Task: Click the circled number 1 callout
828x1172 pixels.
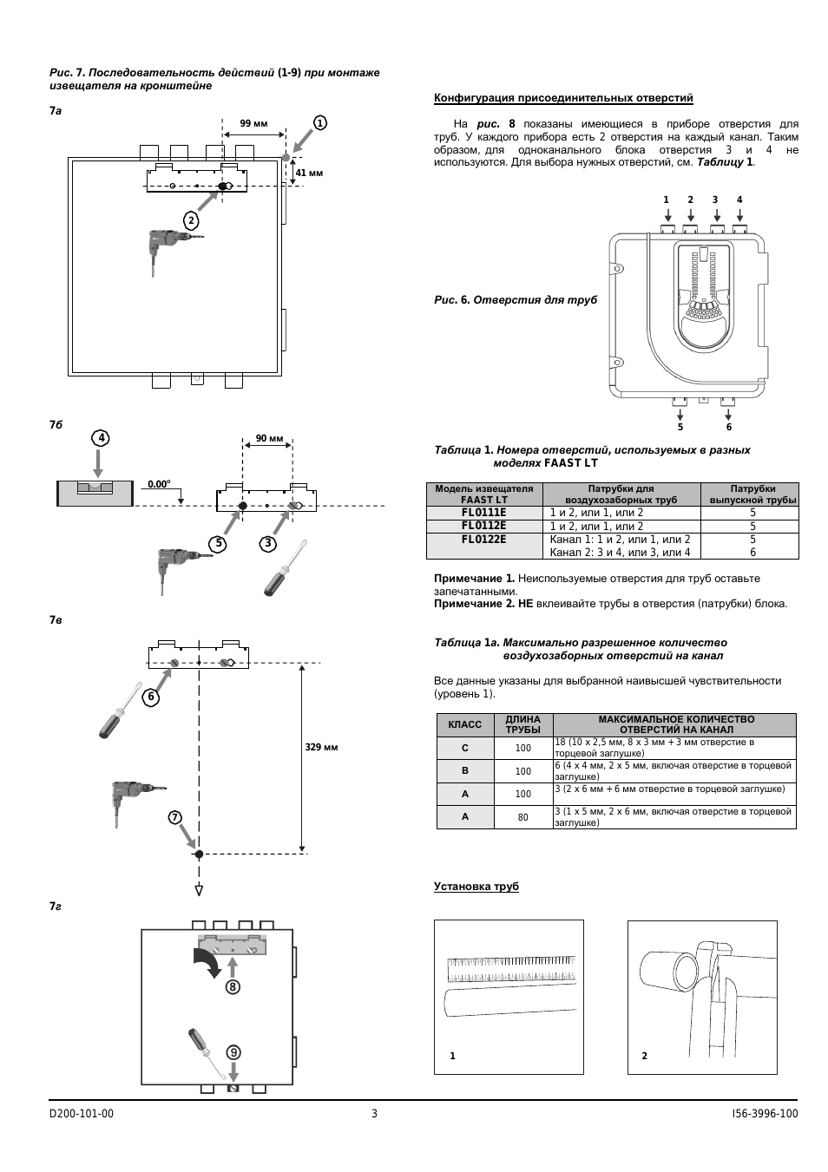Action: (319, 123)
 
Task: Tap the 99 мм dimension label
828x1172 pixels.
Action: (253, 123)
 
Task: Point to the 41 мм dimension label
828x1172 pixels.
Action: (309, 174)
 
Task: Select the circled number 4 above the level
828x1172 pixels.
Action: (101, 438)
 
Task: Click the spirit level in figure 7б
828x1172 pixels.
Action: (95, 494)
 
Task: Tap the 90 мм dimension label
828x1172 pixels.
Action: (269, 438)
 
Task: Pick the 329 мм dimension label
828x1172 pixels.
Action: (321, 747)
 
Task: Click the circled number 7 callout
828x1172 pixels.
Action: (174, 817)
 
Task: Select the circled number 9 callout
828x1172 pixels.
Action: (233, 1052)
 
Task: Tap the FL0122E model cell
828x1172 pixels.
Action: (484, 540)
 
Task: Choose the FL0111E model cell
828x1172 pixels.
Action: (484, 513)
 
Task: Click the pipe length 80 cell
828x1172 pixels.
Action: (522, 817)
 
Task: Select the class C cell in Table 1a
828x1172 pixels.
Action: (464, 748)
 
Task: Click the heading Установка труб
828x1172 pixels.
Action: (476, 887)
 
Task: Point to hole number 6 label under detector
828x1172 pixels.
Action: (728, 427)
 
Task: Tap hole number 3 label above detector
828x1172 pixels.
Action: (715, 200)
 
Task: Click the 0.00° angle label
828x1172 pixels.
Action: (159, 484)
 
